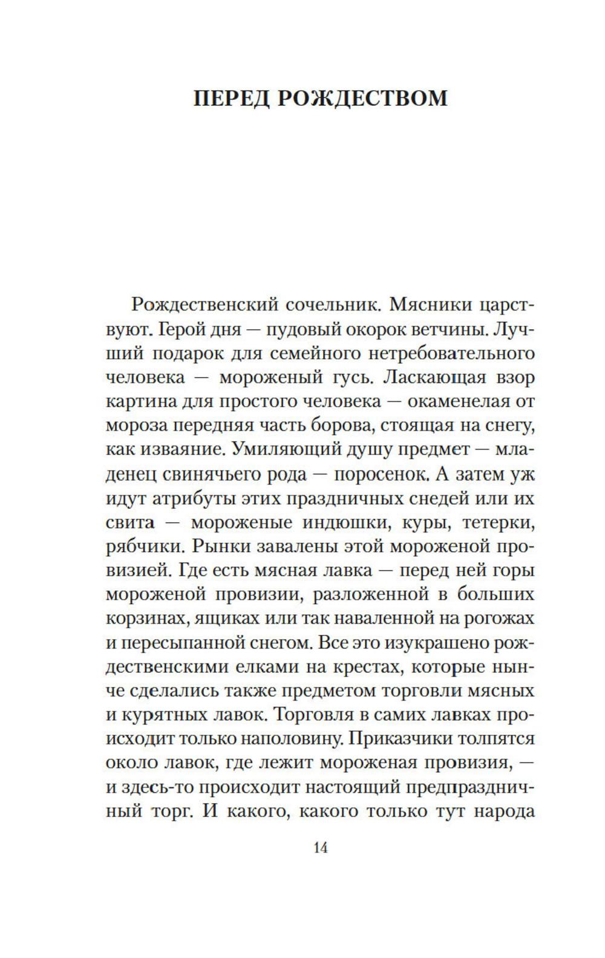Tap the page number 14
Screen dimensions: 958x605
pyautogui.click(x=321, y=848)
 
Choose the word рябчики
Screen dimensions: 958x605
pyautogui.click(x=144, y=546)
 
